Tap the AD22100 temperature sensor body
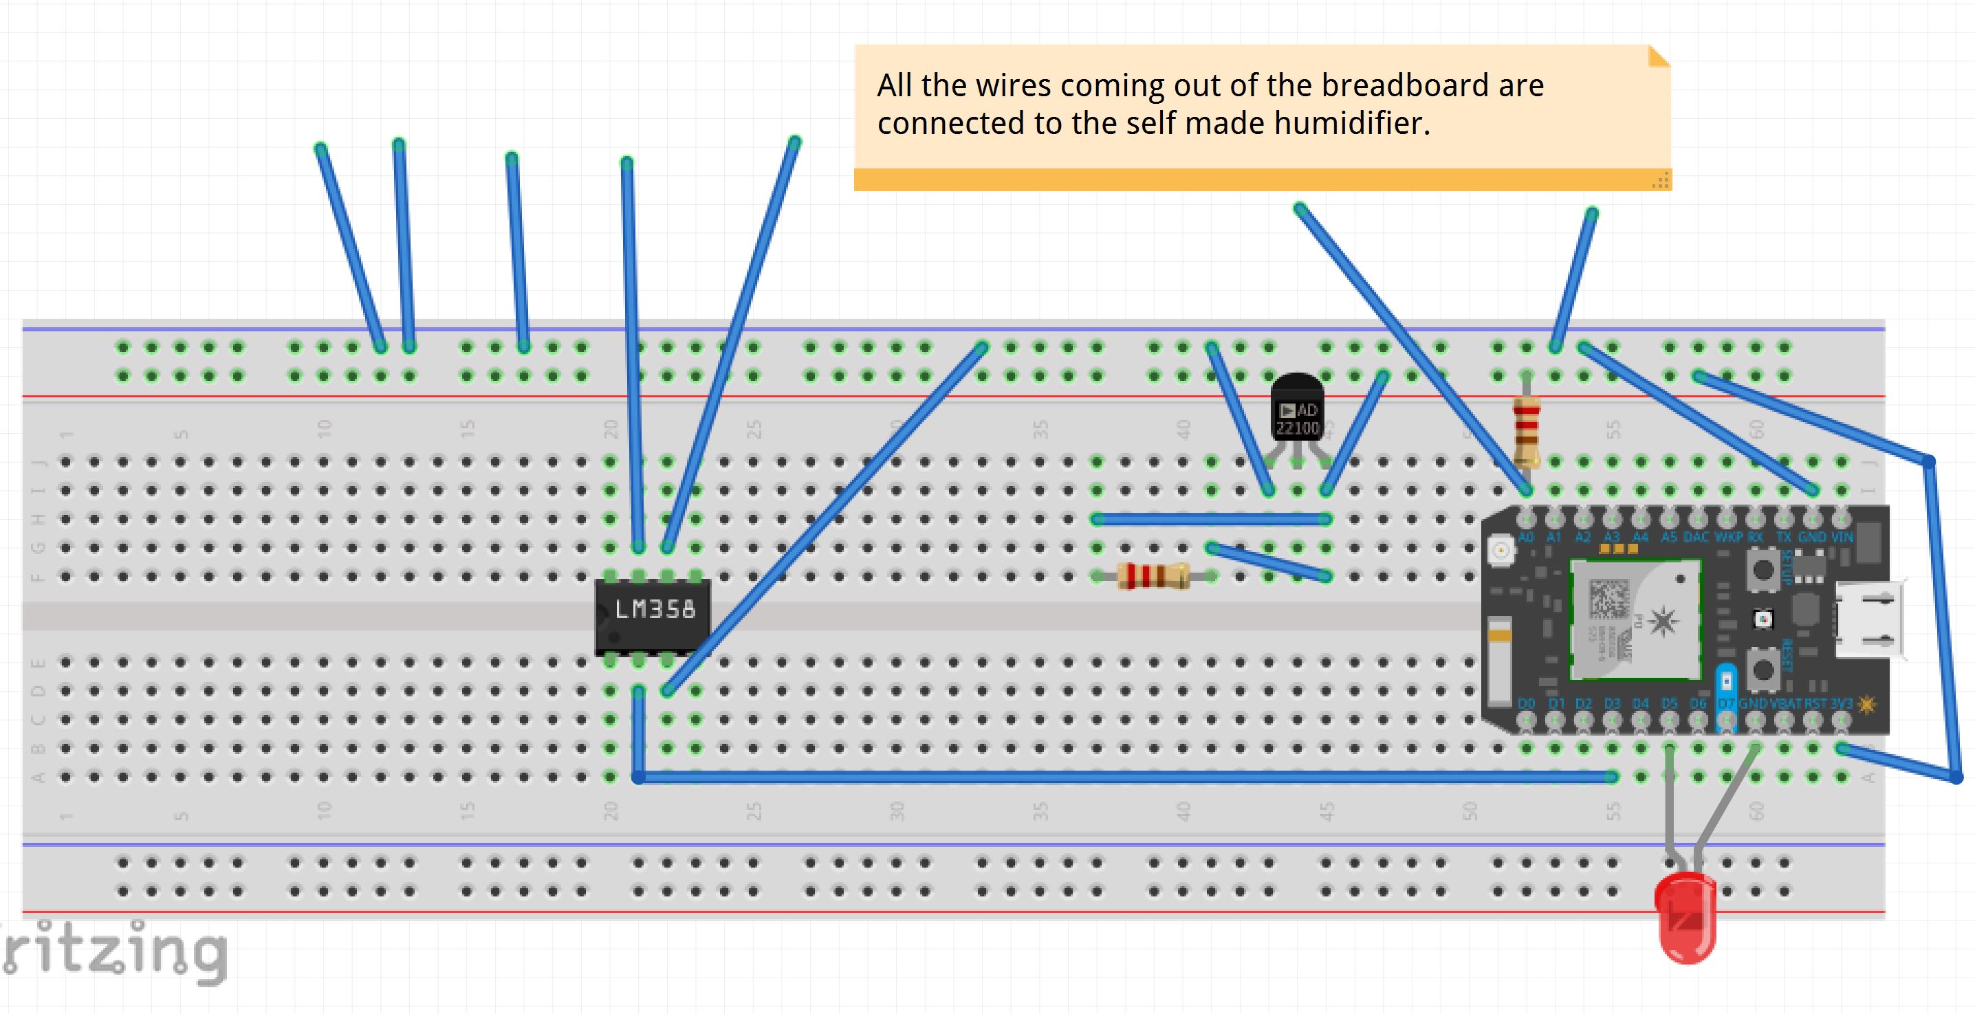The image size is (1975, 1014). click(1297, 410)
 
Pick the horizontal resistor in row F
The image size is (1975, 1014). click(1153, 575)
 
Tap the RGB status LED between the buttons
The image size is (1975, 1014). click(1763, 619)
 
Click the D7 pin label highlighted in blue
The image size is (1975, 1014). click(1725, 703)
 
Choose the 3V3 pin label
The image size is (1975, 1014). click(1841, 703)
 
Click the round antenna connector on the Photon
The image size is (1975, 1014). click(1499, 549)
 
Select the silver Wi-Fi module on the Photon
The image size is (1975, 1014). click(1635, 619)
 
